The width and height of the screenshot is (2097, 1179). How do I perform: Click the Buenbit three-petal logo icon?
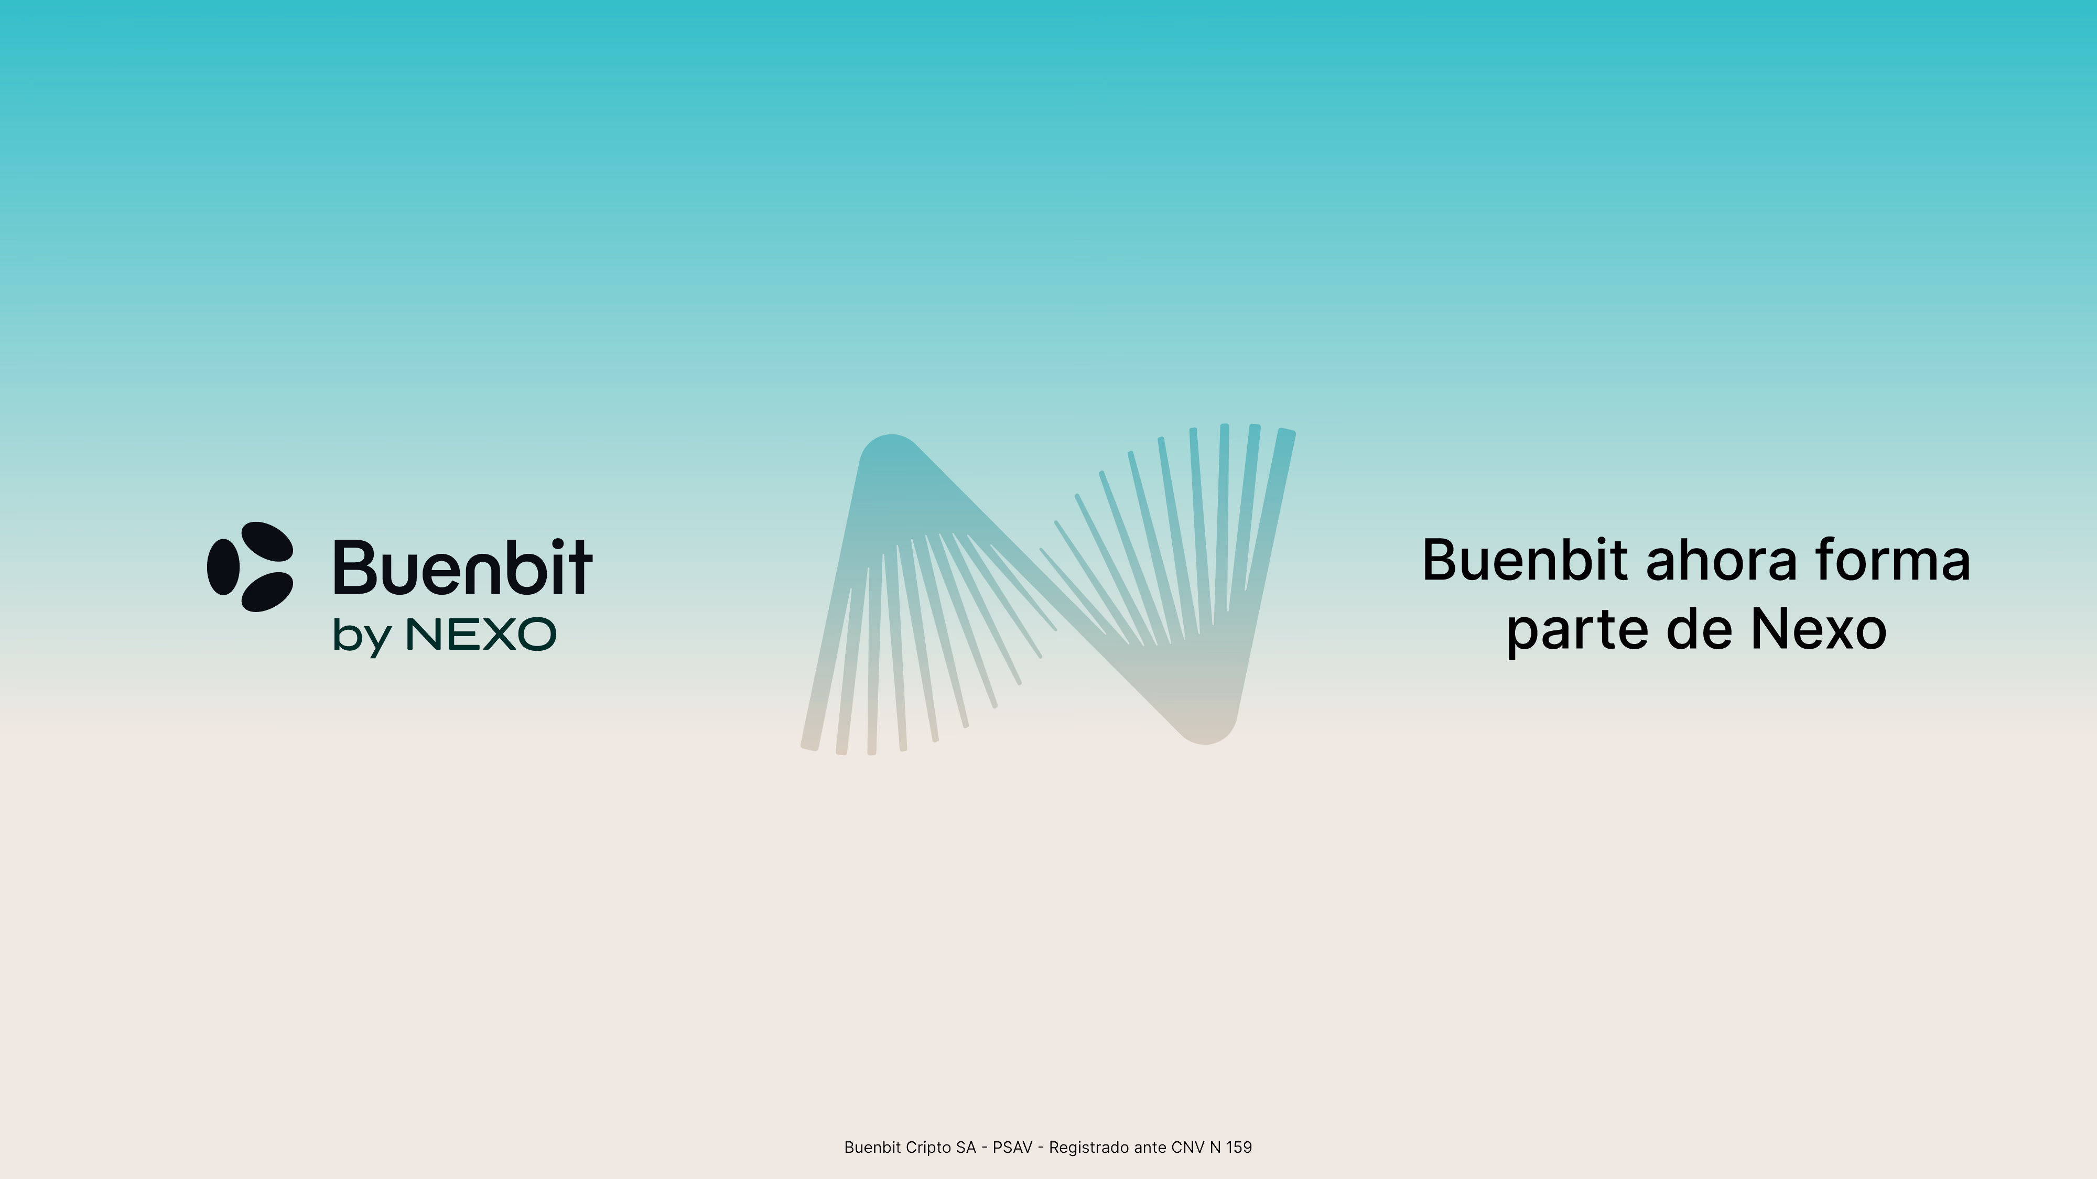[x=250, y=566]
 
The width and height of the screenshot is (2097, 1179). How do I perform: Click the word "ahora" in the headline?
[x=1721, y=561]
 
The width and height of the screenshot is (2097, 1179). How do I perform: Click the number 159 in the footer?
[x=1239, y=1147]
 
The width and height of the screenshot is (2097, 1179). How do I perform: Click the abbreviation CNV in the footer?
[x=1188, y=1147]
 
